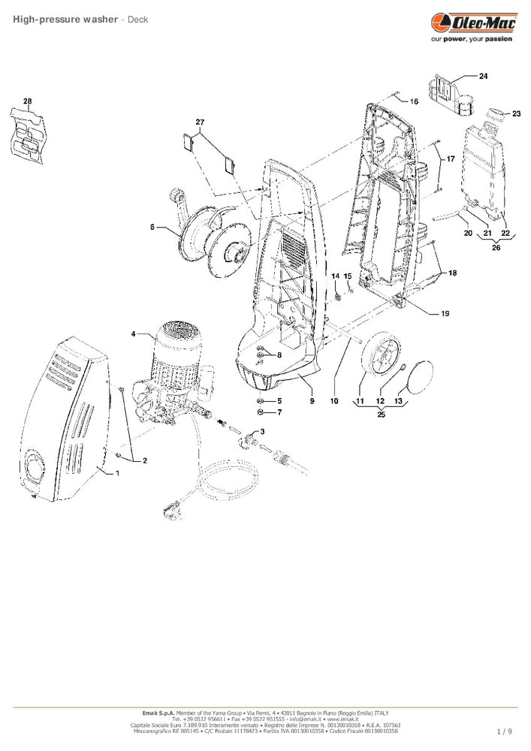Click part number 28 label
tap(28, 101)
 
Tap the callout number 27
tap(200, 122)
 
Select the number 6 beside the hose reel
tap(152, 226)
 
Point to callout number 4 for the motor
tap(134, 333)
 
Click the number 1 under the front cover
tap(116, 474)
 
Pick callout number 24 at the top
tap(483, 77)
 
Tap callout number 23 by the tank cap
tap(516, 113)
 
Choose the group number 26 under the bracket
tap(496, 249)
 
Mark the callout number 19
tap(445, 313)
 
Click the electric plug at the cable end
tap(170, 516)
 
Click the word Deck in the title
tap(137, 19)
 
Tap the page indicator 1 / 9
tap(505, 731)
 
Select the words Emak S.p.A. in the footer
tap(158, 711)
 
